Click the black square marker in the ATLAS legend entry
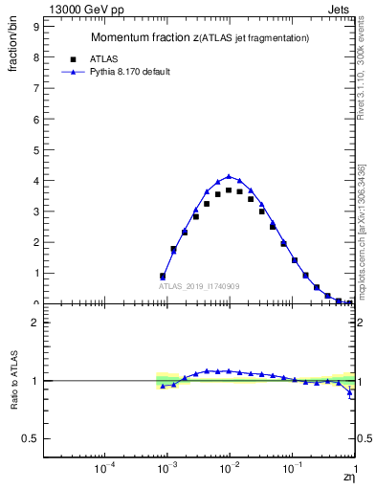pos(74,57)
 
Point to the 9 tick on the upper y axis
pos(35,27)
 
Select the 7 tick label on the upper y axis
pos(35,88)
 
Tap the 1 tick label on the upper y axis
pos(35,273)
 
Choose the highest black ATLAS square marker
pos(229,190)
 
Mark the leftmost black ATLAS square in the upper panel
pos(163,276)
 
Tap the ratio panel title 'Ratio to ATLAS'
pos(12,380)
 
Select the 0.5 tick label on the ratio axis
pos(33,438)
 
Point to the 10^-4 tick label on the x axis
pos(105,468)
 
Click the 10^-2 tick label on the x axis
pos(229,468)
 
